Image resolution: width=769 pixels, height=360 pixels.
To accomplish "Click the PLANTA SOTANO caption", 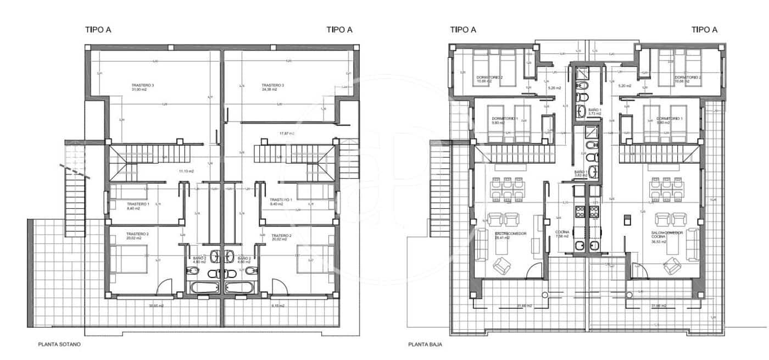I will pos(59,345).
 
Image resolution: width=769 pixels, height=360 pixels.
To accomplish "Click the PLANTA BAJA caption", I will pos(425,345).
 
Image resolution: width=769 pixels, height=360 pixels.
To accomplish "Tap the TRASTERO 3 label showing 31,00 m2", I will pos(142,87).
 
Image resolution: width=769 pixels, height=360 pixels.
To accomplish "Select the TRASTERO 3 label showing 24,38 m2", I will pos(272,87).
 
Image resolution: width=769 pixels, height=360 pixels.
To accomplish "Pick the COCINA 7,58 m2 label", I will pos(562,235).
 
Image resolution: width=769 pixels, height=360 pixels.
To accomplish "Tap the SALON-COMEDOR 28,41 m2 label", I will pos(510,236).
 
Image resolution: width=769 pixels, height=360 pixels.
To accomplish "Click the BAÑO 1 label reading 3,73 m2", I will pos(595,112).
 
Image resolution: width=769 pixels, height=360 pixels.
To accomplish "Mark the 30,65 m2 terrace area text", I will pos(157,306).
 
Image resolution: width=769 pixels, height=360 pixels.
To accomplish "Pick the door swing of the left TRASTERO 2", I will pos(165,286).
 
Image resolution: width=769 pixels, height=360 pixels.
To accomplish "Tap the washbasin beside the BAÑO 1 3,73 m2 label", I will pos(582,112).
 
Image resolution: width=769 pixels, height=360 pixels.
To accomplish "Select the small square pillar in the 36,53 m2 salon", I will pos(625,220).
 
